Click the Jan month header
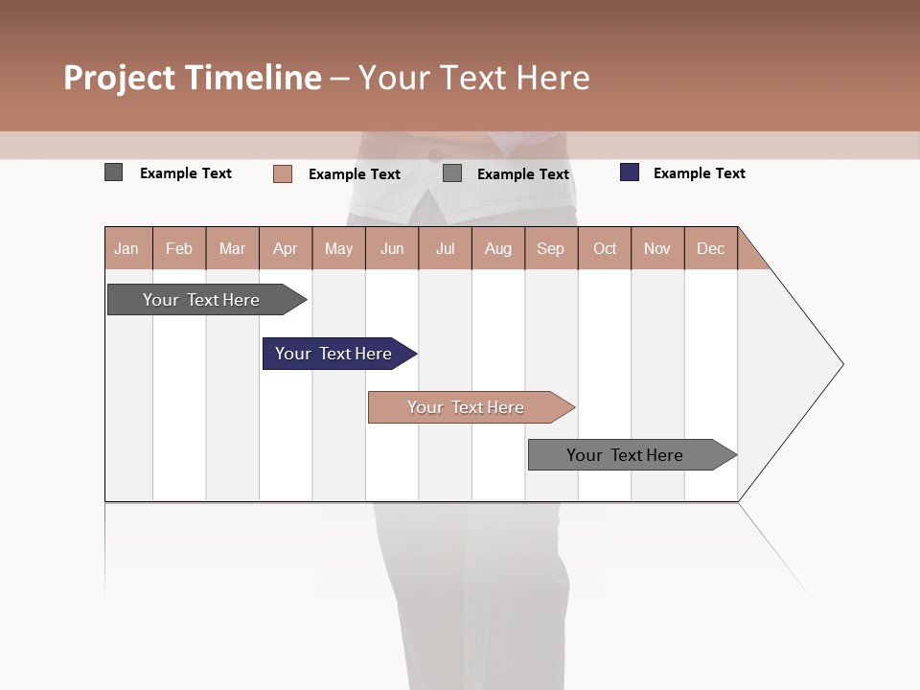click(x=126, y=248)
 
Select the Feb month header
click(x=179, y=248)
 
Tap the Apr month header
click(x=285, y=248)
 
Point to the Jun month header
click(x=392, y=248)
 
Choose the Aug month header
click(x=497, y=248)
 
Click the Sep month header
click(x=550, y=248)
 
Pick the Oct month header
click(x=605, y=248)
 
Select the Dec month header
click(x=710, y=248)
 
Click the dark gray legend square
click(x=113, y=172)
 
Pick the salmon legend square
click(x=282, y=173)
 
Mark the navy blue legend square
click(x=630, y=172)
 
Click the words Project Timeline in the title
click(x=193, y=78)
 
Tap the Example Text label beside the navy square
click(x=699, y=173)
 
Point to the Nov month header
click(x=657, y=248)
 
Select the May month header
click(x=338, y=248)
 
